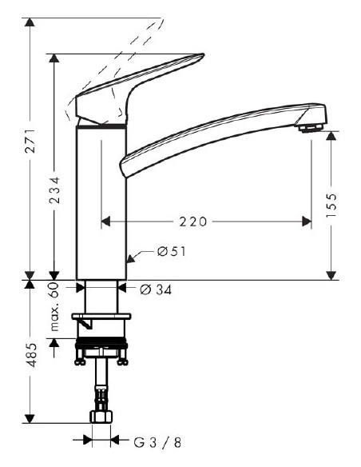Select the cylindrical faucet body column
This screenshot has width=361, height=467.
tap(101, 200)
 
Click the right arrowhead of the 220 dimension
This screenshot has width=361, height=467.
tap(307, 222)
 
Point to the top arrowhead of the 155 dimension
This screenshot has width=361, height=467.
tap(332, 133)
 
